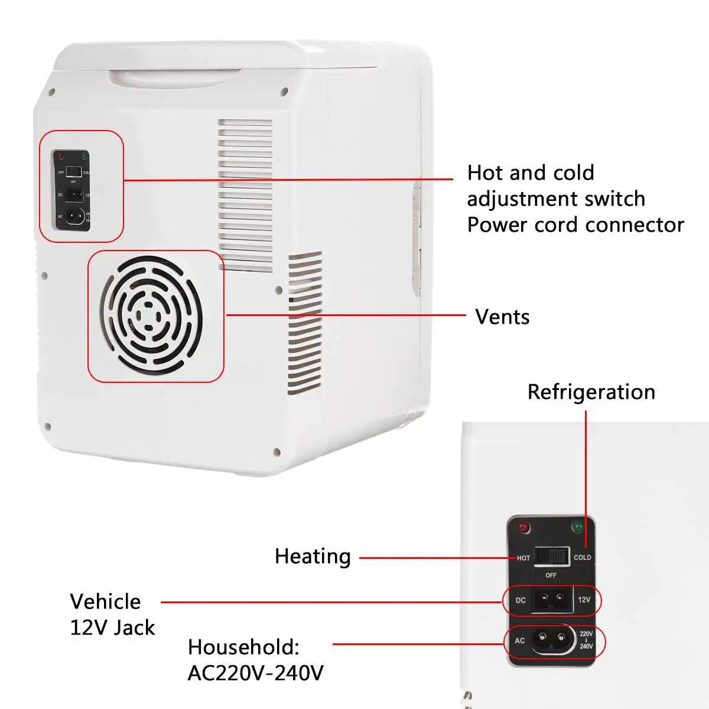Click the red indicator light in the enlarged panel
[523, 528]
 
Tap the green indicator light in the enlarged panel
[577, 526]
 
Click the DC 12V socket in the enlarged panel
[553, 600]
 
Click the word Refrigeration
[591, 392]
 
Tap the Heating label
[313, 557]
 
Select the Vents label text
[502, 317]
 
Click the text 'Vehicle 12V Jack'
[112, 614]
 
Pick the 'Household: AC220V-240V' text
[255, 660]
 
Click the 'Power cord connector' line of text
[575, 225]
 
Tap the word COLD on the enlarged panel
[582, 557]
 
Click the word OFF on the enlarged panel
[551, 575]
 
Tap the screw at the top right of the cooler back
[284, 92]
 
